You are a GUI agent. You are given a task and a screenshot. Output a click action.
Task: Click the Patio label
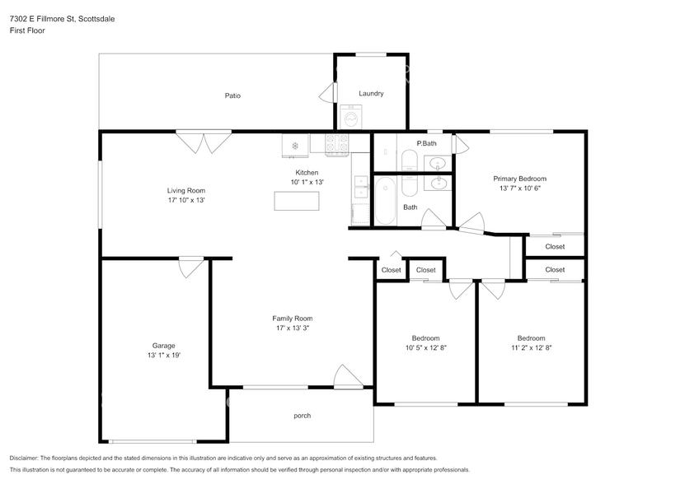coord(232,95)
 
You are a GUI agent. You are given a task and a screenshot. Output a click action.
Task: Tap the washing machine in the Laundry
coord(351,117)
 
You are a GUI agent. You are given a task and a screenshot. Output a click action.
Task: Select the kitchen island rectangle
coord(297,201)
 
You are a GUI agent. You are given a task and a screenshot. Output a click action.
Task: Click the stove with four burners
coord(337,144)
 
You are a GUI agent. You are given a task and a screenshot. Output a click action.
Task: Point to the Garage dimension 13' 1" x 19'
coord(164,356)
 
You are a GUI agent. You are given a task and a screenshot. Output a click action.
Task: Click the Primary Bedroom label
coord(520,179)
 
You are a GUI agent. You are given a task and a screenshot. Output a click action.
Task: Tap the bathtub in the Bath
coord(385,200)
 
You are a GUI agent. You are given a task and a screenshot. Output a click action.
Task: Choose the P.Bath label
coord(426,143)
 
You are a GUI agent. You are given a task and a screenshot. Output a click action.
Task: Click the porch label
coord(303,416)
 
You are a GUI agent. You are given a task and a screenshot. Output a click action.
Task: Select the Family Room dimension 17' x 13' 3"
coord(293,328)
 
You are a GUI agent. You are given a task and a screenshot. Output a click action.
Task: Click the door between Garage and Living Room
coord(191,266)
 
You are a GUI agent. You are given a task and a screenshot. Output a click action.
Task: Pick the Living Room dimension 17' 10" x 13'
coord(186,200)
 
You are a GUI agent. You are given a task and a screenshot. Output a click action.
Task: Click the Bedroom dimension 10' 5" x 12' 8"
coord(426,348)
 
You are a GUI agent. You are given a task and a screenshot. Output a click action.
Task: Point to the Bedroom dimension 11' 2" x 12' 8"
coord(532,348)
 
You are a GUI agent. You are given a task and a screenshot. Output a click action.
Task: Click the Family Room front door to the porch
coord(348,377)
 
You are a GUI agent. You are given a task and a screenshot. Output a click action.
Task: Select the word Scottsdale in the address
coord(96,19)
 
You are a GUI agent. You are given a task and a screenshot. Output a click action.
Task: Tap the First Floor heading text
coord(27,30)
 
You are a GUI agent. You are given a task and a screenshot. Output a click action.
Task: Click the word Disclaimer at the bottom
coord(24,458)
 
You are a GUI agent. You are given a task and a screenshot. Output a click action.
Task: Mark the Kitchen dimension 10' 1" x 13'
coord(307,183)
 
